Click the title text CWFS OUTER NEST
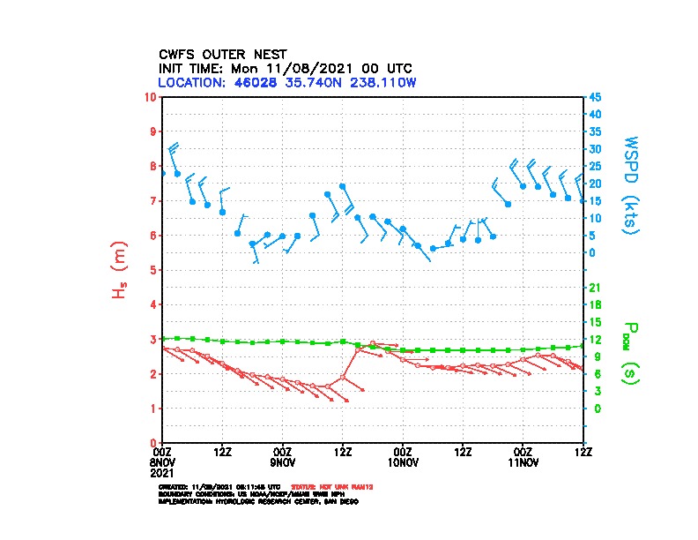tap(222, 54)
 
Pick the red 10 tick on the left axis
tap(151, 96)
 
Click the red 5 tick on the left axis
tap(153, 270)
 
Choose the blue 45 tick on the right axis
tap(596, 96)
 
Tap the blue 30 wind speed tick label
tap(596, 148)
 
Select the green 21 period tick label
tap(595, 288)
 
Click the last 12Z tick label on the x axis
tap(583, 452)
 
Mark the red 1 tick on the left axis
tap(153, 409)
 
